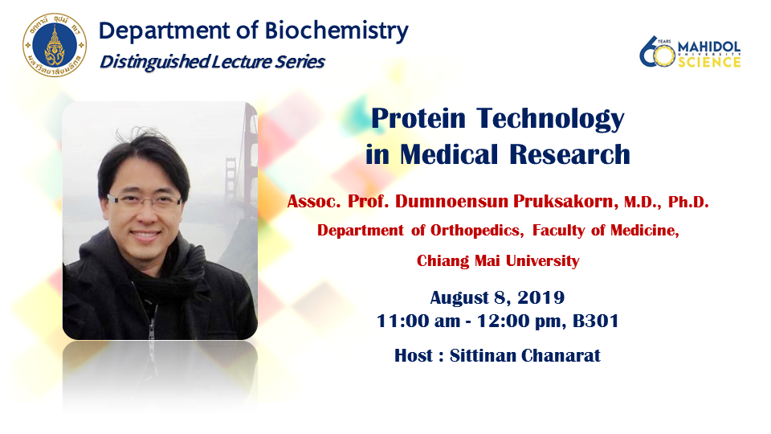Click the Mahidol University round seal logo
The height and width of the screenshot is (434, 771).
[55, 45]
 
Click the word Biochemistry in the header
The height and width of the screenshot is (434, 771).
[337, 31]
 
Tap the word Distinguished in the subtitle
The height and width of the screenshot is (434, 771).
[154, 62]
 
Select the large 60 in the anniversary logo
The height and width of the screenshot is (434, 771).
[657, 51]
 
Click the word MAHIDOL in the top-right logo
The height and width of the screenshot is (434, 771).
[709, 47]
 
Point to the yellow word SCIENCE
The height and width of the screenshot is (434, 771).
[709, 62]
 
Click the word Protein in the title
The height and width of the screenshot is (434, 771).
[418, 119]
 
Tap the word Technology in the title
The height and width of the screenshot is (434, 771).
[550, 120]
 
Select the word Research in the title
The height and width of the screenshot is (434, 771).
[569, 154]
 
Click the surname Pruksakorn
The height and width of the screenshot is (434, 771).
[566, 201]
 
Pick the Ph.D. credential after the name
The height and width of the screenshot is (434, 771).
[688, 202]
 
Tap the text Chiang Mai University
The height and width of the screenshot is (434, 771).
[498, 260]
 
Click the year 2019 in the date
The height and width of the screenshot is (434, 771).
[541, 297]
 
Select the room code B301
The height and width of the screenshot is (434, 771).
[595, 321]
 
